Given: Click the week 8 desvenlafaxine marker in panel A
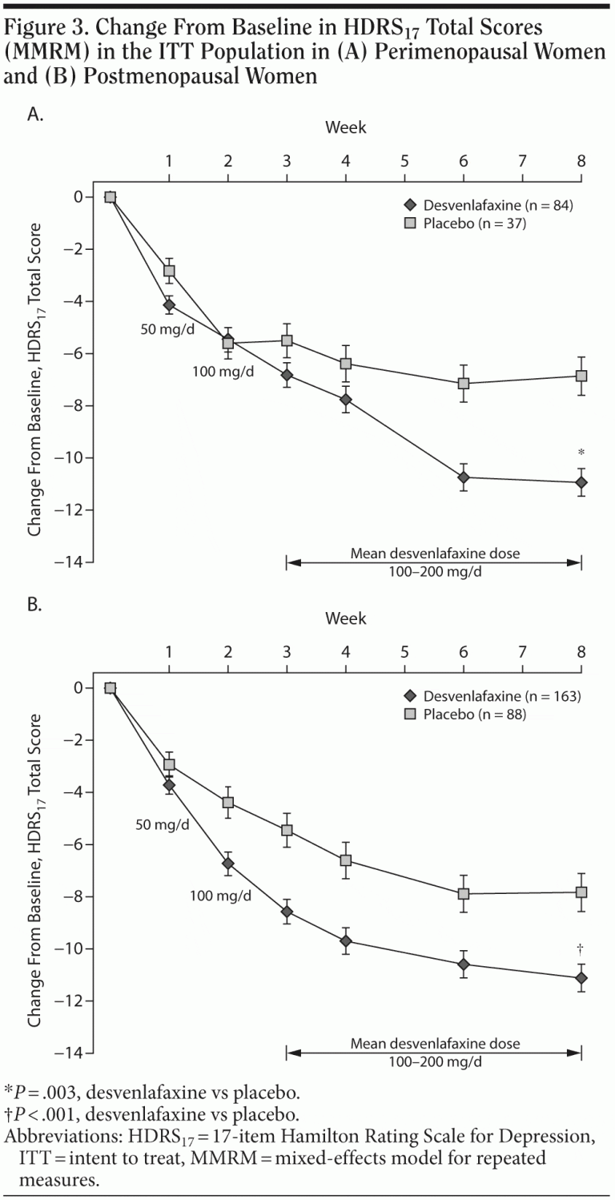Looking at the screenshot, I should tap(581, 482).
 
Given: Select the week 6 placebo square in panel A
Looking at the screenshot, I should tap(464, 383).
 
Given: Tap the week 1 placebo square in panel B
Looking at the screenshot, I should tap(169, 765).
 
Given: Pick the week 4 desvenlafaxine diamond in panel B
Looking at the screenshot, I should tap(346, 941).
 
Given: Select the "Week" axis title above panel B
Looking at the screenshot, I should tap(346, 618).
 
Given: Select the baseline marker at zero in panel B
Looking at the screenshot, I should tap(111, 688).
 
